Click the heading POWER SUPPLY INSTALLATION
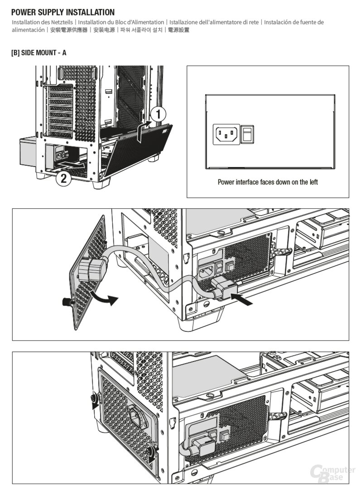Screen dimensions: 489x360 62,12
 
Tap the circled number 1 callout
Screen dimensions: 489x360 158,114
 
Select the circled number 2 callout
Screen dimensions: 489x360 63,178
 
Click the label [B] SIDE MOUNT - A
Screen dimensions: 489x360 38,53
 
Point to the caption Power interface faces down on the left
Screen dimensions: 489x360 268,182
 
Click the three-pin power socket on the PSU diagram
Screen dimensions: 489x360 226,134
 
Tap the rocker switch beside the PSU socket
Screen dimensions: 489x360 248,134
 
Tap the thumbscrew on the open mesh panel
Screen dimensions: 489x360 68,301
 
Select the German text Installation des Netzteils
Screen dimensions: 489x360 43,22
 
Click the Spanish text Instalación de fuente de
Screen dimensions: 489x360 294,22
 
